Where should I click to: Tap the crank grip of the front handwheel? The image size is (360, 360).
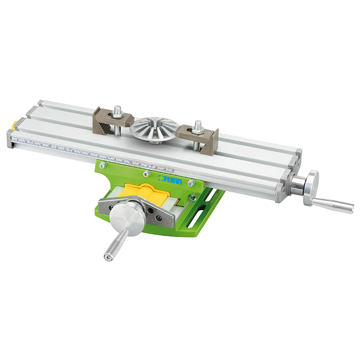(116, 243)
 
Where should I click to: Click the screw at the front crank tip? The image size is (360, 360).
(108, 257)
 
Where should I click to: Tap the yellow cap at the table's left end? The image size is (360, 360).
(15, 123)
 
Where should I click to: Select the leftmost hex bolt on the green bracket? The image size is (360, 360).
(103, 165)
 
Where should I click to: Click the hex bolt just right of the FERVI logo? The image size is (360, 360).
(191, 183)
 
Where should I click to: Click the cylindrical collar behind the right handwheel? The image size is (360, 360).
(297, 184)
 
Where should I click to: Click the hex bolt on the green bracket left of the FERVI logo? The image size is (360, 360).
(146, 174)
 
